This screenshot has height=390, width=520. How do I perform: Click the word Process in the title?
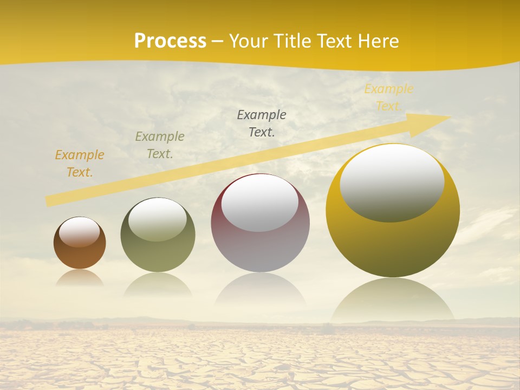[170, 41]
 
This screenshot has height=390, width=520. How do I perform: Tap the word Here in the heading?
[379, 41]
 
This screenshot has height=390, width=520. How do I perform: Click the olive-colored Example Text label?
[160, 145]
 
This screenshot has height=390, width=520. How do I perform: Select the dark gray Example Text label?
[262, 123]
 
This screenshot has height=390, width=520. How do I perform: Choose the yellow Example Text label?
[388, 97]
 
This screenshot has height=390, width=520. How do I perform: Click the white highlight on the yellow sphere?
[392, 181]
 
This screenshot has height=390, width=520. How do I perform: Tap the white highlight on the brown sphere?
[79, 231]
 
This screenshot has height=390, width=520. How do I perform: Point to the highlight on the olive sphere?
[157, 218]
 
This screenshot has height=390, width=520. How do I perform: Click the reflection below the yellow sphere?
[393, 301]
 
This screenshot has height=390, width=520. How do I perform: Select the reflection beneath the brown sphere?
[80, 277]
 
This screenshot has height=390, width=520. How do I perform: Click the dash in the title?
[218, 41]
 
